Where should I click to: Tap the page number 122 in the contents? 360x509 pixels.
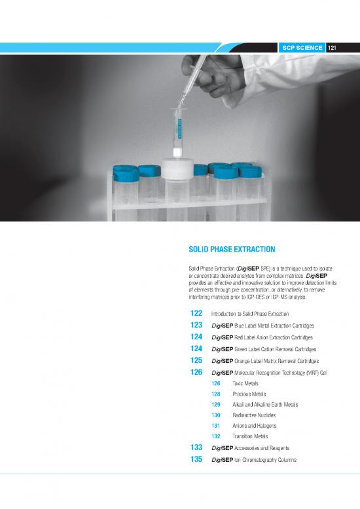coord(194,314)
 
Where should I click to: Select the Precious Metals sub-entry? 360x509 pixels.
coord(249,394)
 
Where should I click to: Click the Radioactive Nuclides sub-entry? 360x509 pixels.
coord(255,415)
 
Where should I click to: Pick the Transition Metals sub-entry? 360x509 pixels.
coord(251,436)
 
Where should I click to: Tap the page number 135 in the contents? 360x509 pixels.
coord(194,460)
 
